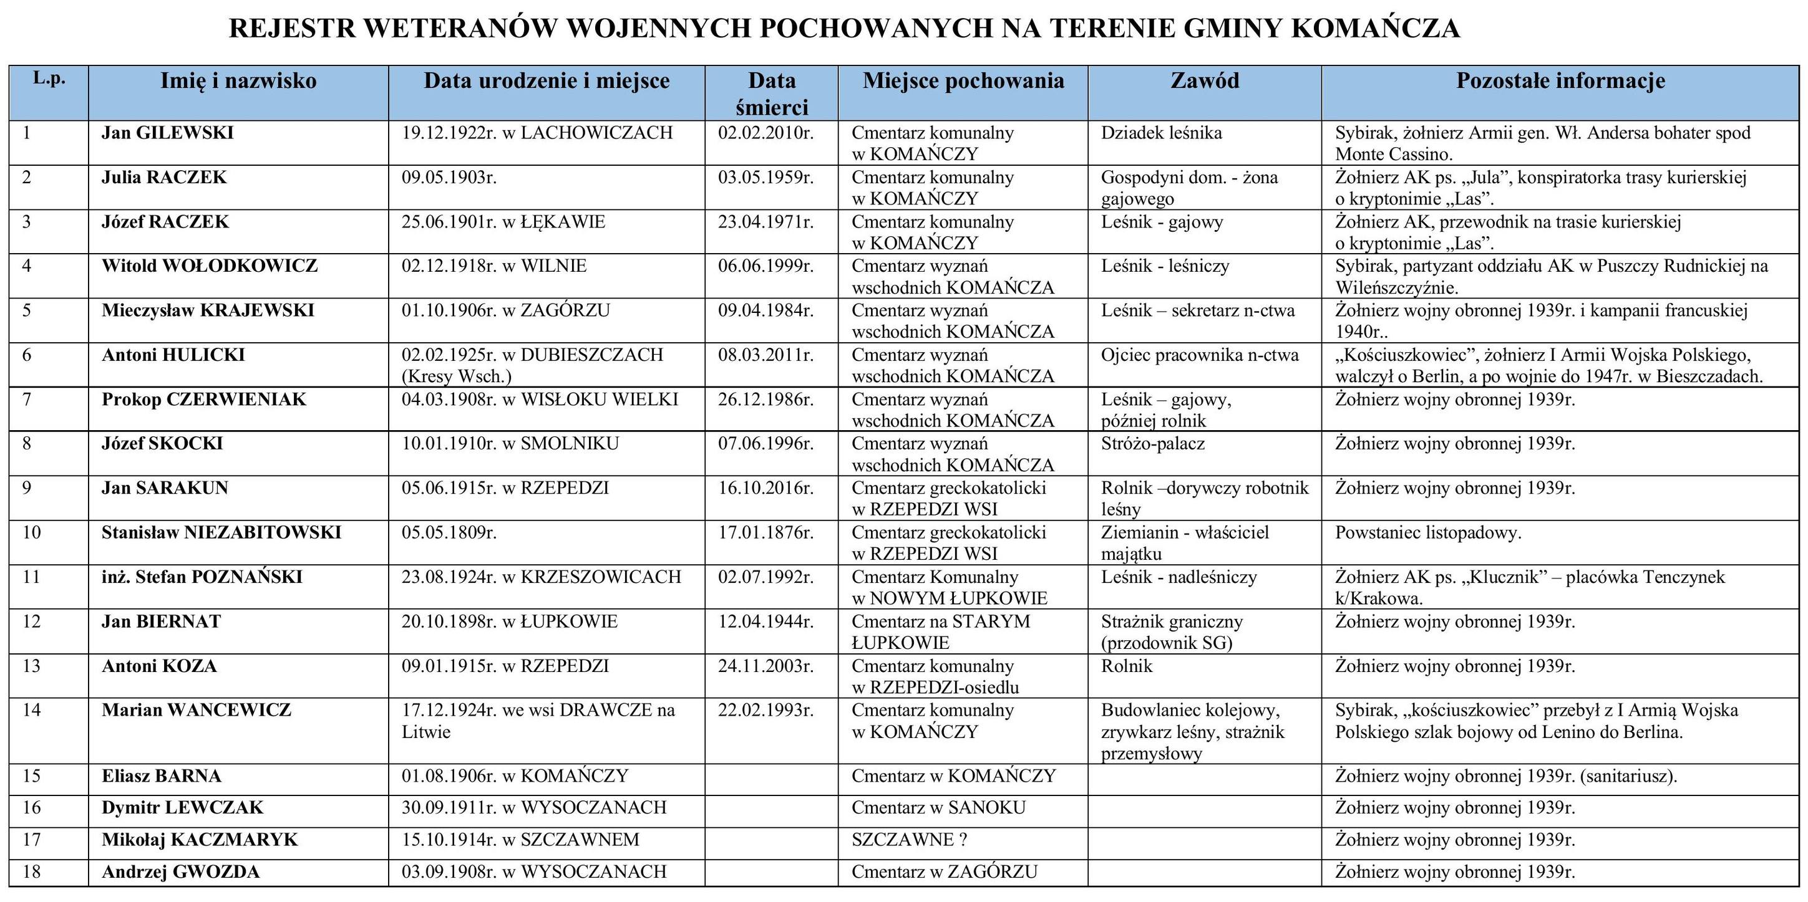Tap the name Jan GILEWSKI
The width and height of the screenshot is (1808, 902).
click(x=168, y=133)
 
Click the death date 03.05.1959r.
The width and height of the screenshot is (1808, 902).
click(x=765, y=177)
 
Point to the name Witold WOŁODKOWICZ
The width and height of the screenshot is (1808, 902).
click(x=209, y=266)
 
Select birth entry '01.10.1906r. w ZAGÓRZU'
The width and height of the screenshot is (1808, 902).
click(x=505, y=310)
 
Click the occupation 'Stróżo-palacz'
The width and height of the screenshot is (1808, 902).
click(x=1152, y=443)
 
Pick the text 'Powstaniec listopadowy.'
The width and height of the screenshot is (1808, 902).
click(x=1427, y=532)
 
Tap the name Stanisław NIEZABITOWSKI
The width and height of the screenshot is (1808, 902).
click(x=221, y=532)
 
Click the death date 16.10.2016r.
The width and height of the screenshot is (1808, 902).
click(x=765, y=487)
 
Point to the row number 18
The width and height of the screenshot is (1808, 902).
click(x=32, y=872)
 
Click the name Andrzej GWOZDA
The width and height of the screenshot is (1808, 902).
click(x=180, y=872)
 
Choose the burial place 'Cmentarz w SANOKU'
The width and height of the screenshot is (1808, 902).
click(x=938, y=807)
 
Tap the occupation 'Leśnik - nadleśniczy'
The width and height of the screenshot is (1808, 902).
click(x=1179, y=577)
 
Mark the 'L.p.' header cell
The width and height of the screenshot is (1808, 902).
click(x=49, y=79)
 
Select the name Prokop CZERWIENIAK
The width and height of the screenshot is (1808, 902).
click(x=203, y=399)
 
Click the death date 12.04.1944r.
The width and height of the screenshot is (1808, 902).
click(x=765, y=621)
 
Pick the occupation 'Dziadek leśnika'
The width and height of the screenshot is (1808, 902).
click(x=1161, y=133)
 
